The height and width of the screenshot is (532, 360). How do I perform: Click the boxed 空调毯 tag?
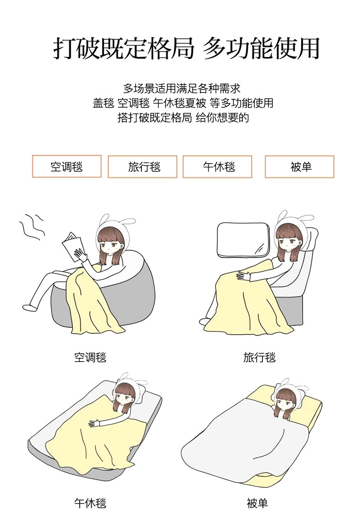(x=67, y=166)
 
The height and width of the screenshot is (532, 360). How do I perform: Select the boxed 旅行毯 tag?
(x=143, y=166)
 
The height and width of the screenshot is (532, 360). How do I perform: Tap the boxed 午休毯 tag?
(x=217, y=166)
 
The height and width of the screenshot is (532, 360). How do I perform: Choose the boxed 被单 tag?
(x=299, y=166)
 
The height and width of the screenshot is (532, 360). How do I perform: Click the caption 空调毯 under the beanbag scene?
(x=90, y=357)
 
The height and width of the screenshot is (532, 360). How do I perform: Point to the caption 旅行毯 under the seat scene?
(x=260, y=357)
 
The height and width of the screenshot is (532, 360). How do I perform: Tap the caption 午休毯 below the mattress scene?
(x=90, y=503)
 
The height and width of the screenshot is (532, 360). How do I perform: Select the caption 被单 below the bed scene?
(x=257, y=503)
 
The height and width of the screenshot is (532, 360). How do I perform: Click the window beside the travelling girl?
(x=243, y=240)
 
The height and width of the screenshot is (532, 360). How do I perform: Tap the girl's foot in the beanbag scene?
(x=30, y=307)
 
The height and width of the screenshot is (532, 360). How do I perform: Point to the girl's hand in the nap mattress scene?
(x=95, y=423)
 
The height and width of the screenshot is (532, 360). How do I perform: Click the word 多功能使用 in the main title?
(x=261, y=48)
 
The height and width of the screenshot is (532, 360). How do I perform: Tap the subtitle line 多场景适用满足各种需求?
(x=181, y=88)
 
